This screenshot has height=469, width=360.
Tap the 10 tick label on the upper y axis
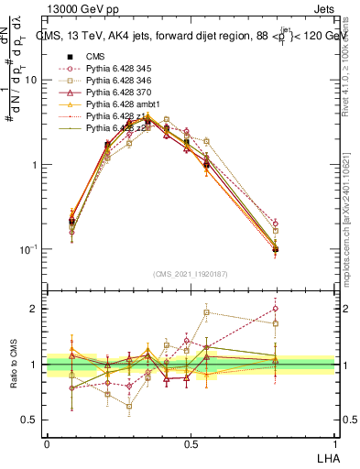(30, 81)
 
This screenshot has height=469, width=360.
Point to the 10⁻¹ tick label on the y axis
(28, 249)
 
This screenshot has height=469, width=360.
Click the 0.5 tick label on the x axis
(191, 443)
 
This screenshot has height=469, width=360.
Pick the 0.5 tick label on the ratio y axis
(30, 420)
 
